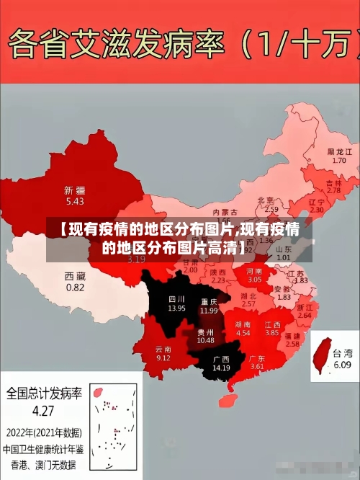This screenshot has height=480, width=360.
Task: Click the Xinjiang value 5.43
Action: tap(74, 202)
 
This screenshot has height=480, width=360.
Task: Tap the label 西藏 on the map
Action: tap(75, 276)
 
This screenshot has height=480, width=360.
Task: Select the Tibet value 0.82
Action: tap(75, 287)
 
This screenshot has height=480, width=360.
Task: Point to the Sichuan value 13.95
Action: tap(177, 308)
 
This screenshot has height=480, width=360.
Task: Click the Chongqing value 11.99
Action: tap(209, 311)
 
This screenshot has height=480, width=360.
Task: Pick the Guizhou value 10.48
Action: tap(205, 340)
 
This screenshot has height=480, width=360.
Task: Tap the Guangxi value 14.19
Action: tap(221, 368)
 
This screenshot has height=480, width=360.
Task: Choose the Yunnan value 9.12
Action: tap(163, 358)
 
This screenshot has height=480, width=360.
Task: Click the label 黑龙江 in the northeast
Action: tap(339, 152)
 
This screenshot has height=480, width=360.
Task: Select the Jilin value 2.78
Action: tap(333, 191)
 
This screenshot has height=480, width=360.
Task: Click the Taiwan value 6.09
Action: tap(342, 365)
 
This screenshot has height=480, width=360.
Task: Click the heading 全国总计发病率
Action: tap(44, 394)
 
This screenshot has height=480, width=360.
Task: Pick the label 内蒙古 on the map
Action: tap(229, 212)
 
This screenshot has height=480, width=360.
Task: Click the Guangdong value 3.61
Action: tap(257, 367)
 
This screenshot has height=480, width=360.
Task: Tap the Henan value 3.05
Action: tap(255, 278)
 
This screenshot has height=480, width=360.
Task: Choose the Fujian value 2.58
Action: tap(292, 345)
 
